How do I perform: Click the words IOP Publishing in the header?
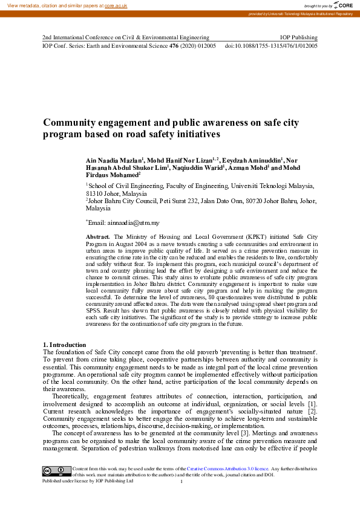(299, 37)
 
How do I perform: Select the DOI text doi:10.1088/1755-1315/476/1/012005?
(271, 46)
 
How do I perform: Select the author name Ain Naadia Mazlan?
(113, 160)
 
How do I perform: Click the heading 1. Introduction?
(64, 345)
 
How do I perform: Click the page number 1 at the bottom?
(182, 481)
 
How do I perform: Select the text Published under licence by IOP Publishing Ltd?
(87, 481)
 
